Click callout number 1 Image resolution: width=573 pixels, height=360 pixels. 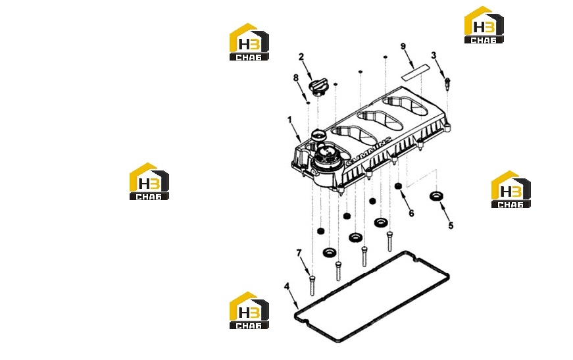coord(289,120)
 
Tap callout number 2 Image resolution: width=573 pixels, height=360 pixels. coord(301,57)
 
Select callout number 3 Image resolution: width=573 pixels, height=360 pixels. coord(434,55)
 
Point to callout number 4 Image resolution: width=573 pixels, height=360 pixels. coord(287,286)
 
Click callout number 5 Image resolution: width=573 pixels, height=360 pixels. coord(451,226)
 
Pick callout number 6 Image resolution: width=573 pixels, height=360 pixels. coord(411,213)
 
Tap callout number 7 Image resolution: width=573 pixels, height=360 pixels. coord(299,253)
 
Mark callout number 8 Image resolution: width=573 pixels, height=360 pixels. coord(295,78)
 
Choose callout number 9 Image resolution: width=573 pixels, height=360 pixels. coord(403,47)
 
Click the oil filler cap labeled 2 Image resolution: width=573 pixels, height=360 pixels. coord(319,88)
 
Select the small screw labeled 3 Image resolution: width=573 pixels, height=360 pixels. coord(447,84)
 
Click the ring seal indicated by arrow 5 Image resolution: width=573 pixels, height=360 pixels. coord(436,196)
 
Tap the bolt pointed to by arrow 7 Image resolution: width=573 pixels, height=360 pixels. coord(312,286)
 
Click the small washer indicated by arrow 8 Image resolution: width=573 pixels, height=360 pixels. coord(308,103)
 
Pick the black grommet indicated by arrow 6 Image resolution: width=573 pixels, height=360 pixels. coord(398,186)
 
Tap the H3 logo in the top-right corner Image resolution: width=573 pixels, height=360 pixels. coord(484,25)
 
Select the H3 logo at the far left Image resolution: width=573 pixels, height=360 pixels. coord(149,181)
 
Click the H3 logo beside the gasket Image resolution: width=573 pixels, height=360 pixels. coord(249,310)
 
